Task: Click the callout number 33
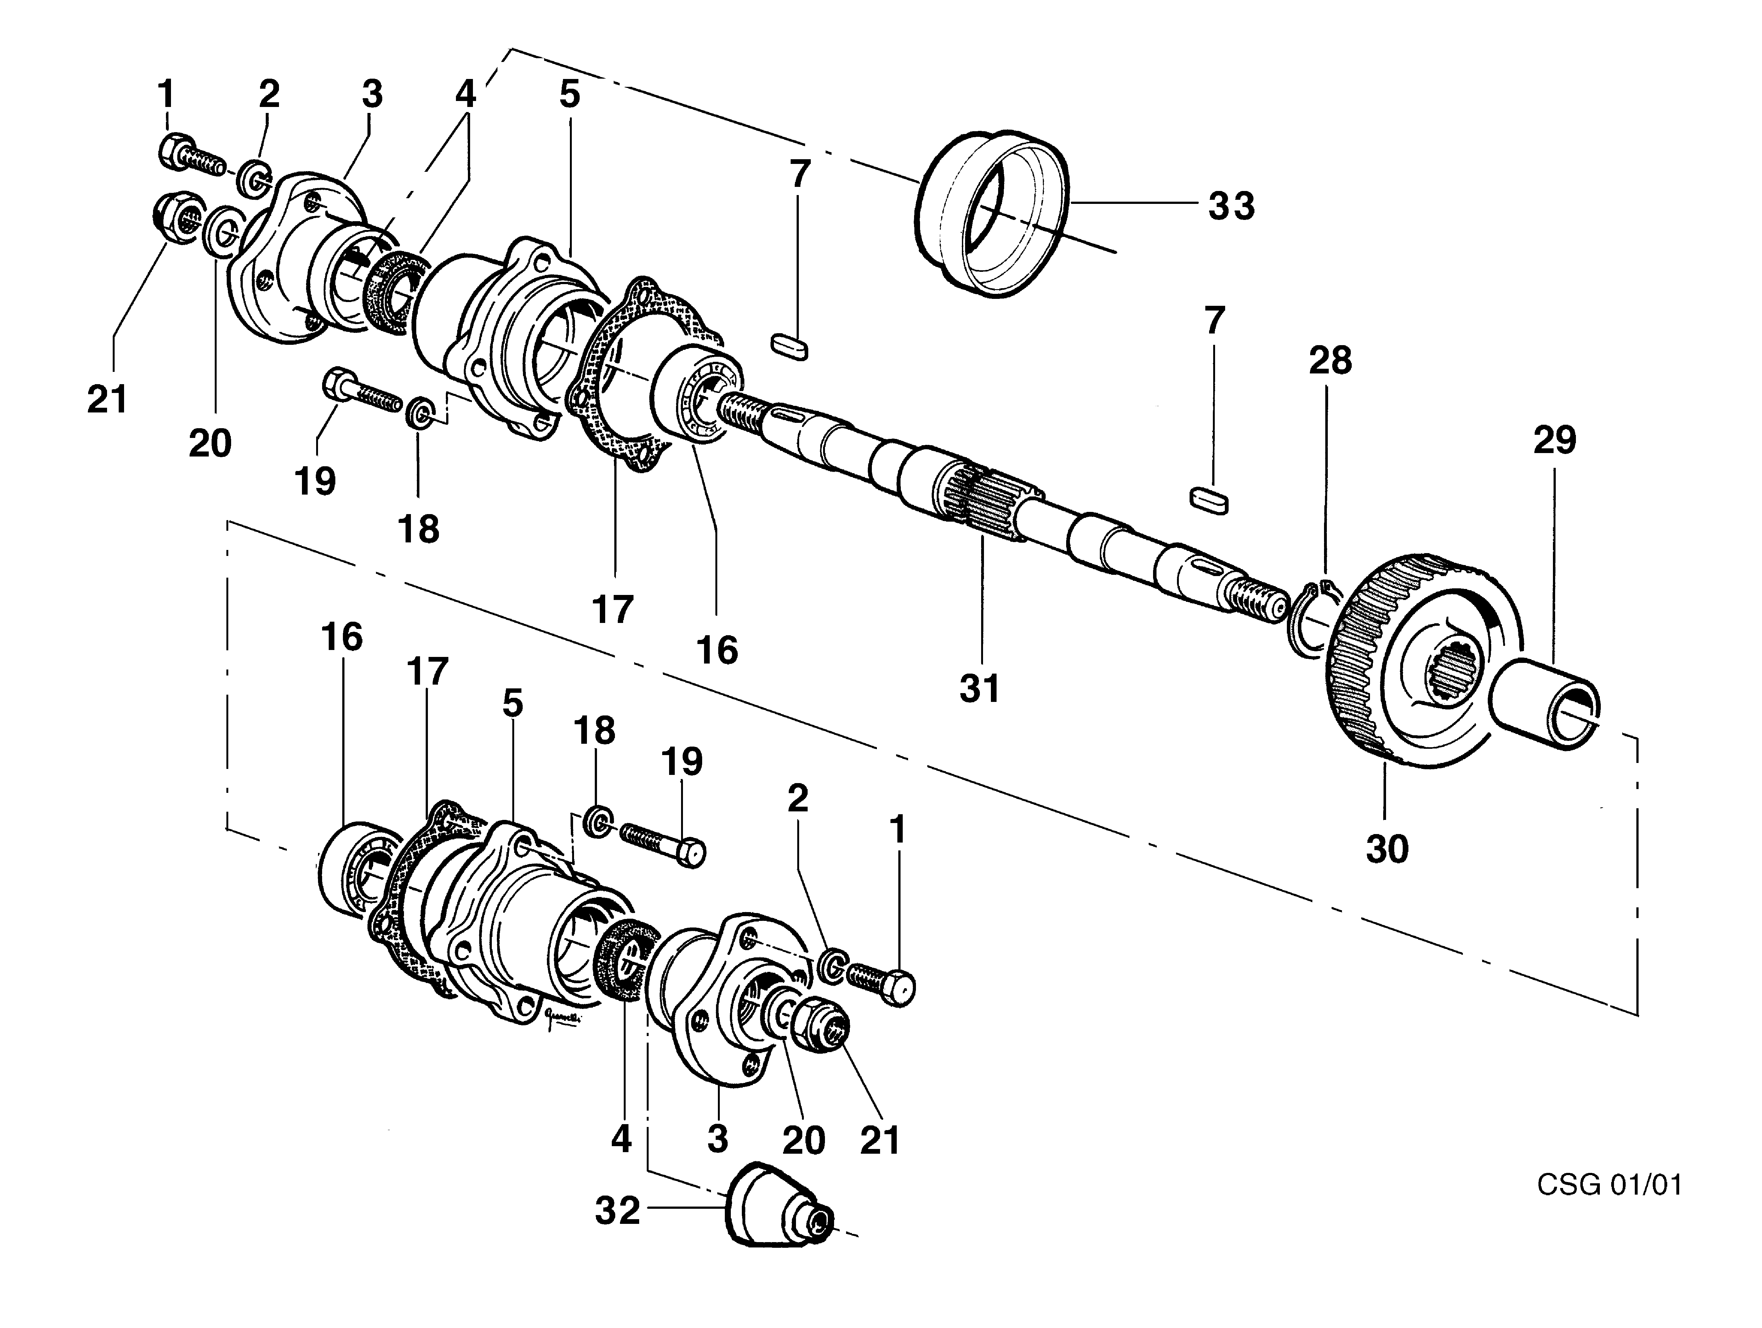click(1231, 205)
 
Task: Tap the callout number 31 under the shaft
click(979, 688)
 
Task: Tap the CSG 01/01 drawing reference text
click(1609, 1185)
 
